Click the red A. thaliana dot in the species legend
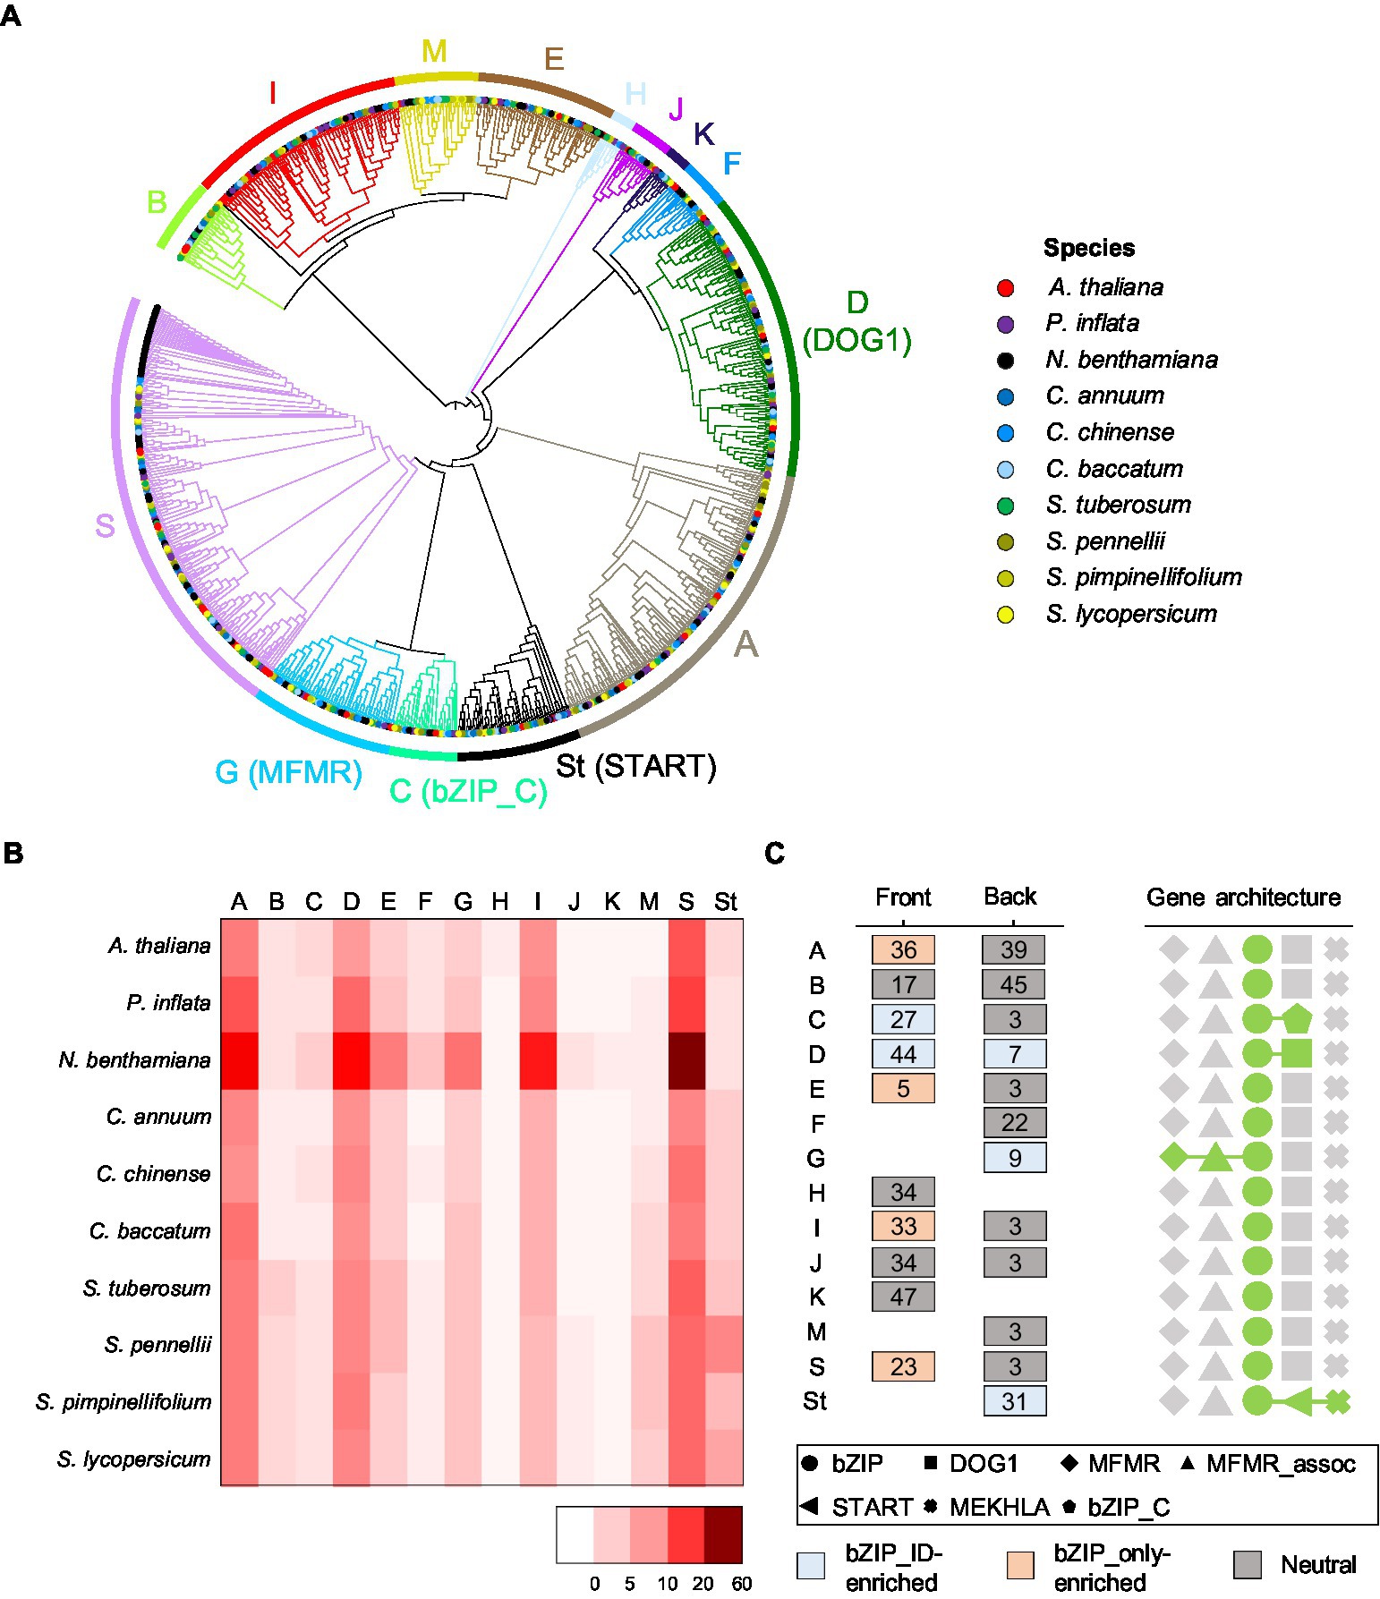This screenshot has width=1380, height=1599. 1005,288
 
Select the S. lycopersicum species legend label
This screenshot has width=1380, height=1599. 1131,614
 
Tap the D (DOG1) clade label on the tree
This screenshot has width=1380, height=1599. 856,321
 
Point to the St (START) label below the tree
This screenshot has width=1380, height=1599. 635,767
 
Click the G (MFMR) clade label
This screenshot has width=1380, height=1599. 288,772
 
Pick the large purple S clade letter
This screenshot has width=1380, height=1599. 105,526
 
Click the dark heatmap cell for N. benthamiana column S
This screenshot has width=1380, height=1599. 686,1060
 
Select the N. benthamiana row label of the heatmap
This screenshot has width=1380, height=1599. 134,1060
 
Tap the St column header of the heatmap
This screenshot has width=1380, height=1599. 725,902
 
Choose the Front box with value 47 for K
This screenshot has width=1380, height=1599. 903,1297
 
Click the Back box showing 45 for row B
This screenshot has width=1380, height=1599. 1013,985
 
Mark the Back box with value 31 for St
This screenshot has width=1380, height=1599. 1014,1401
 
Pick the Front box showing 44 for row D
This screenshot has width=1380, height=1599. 903,1054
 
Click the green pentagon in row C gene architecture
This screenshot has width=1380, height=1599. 1296,1018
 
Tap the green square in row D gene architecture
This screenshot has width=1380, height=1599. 1296,1053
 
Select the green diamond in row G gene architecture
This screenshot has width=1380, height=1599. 1172,1157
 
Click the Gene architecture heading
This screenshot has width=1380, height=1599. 1243,897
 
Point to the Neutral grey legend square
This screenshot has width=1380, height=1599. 1248,1565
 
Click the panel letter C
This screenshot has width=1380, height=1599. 775,854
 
